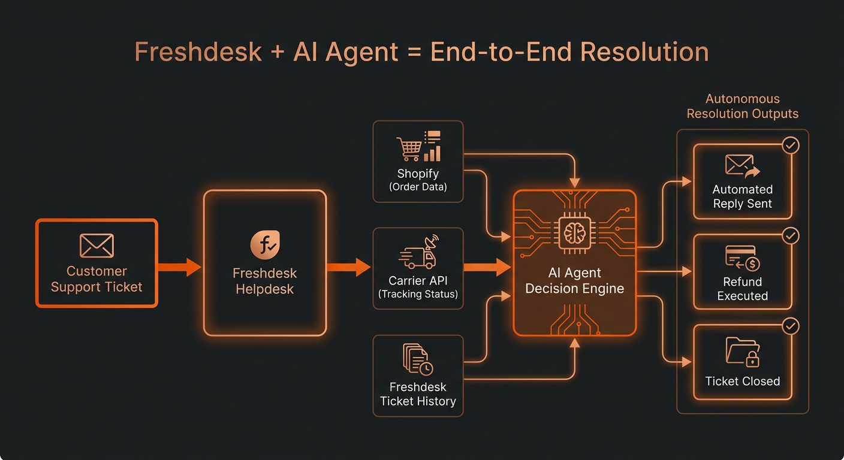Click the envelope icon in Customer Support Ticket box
click(97, 246)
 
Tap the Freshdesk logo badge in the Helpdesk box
click(265, 245)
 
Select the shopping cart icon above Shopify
click(409, 149)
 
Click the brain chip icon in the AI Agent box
click(575, 233)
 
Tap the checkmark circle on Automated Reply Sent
click(791, 145)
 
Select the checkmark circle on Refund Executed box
click(791, 235)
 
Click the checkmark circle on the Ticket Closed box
click(791, 326)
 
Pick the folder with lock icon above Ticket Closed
click(742, 352)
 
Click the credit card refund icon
click(743, 258)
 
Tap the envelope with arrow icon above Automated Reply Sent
click(743, 166)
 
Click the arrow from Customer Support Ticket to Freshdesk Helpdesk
click(179, 267)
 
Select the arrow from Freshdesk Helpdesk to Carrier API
click(348, 267)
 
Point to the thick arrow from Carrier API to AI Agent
click(487, 267)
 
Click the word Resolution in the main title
click(644, 52)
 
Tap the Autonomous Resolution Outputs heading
click(742, 106)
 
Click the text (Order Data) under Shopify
click(418, 187)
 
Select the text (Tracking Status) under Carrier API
click(418, 294)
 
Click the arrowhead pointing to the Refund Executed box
click(687, 271)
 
